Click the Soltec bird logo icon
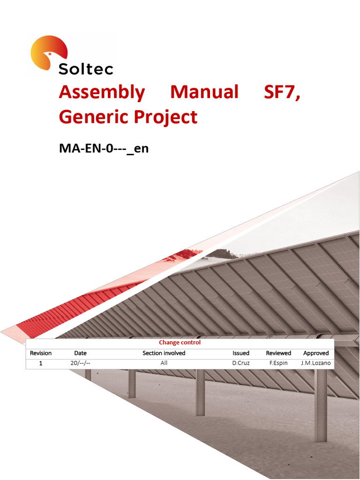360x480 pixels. [x=48, y=52]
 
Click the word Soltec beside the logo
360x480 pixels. [x=86, y=69]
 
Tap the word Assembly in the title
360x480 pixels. [x=102, y=92]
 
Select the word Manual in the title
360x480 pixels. [x=204, y=92]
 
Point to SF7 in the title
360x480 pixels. [x=282, y=92]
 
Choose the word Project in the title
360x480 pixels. [x=167, y=117]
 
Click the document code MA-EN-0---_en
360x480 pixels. [x=104, y=149]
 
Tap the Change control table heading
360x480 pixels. [x=180, y=343]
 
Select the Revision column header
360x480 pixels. [x=41, y=353]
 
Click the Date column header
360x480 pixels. [x=80, y=353]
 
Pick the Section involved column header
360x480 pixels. [x=164, y=353]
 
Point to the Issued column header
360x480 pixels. [x=241, y=353]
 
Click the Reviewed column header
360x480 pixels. [x=278, y=353]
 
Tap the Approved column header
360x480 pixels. [x=316, y=353]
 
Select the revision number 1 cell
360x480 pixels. [x=41, y=363]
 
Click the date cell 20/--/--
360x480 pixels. [x=80, y=363]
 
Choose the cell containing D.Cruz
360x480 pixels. [x=241, y=363]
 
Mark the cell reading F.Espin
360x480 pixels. [x=278, y=363]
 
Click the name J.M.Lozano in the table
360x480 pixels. [x=316, y=363]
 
